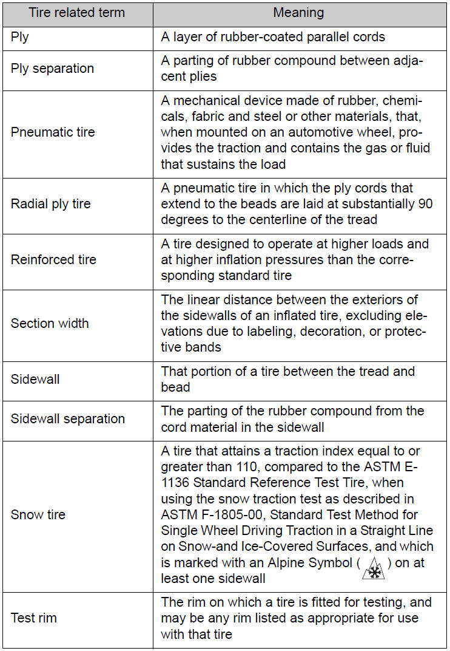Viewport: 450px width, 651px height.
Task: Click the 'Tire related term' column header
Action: pyautogui.click(x=77, y=13)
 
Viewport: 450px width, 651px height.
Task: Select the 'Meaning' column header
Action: pyautogui.click(x=298, y=13)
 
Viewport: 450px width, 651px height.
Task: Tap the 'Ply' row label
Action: pyautogui.click(x=19, y=36)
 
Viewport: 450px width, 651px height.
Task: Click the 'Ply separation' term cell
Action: pyautogui.click(x=52, y=68)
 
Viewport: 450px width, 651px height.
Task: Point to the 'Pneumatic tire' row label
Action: pyautogui.click(x=53, y=132)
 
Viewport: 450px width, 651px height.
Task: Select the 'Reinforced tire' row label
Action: pyautogui.click(x=53, y=259)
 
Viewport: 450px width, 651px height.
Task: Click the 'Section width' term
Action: pyautogui.click(x=50, y=323)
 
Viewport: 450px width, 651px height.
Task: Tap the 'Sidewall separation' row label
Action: pyautogui.click(x=68, y=418)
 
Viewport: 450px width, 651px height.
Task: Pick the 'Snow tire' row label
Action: pyautogui.click(x=38, y=514)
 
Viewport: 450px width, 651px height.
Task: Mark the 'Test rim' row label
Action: pyautogui.click(x=34, y=618)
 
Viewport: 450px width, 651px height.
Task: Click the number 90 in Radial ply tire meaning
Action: pyautogui.click(x=426, y=203)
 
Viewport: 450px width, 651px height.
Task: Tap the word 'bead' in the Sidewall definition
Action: pyautogui.click(x=175, y=387)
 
